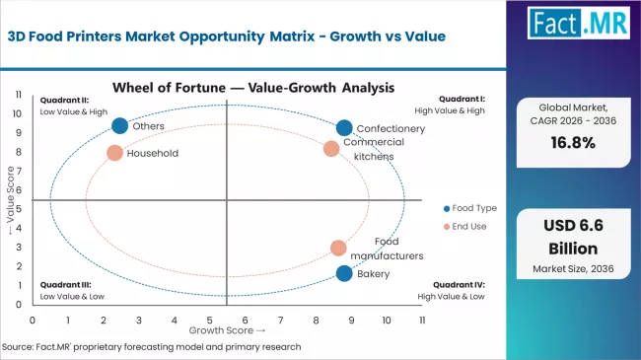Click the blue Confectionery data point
coord(343,128)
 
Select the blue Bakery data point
coord(343,273)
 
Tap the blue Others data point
coord(120,125)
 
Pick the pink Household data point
coord(114,153)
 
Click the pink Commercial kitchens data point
coord(331,149)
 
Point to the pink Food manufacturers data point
coord(338,249)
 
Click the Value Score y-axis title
coord(11,202)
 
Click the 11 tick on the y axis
coord(18,95)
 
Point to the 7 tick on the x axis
coord(281,321)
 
